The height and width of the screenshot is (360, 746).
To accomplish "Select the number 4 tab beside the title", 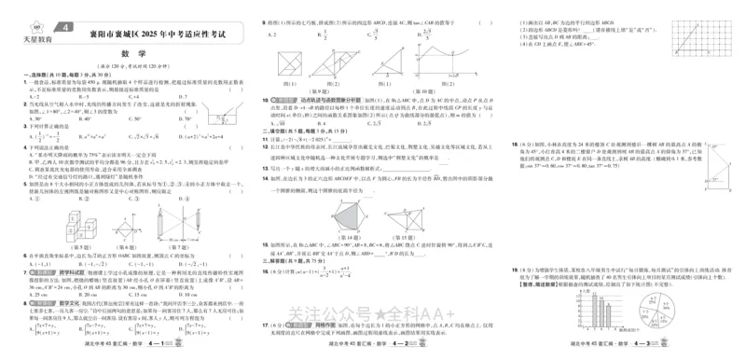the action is [64, 30].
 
